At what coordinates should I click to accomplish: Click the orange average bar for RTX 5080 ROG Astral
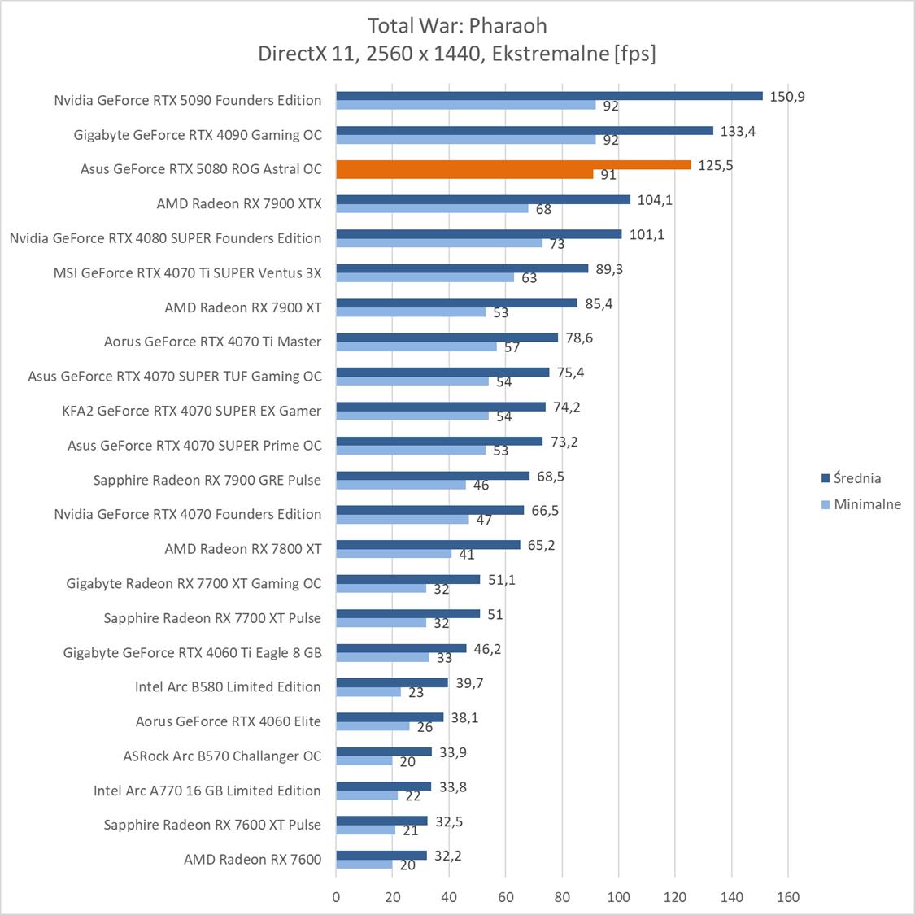512,165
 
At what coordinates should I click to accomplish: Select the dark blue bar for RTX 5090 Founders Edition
549,96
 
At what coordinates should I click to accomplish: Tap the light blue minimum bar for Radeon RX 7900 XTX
432,208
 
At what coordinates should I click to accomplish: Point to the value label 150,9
787,97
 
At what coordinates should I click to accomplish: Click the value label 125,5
716,166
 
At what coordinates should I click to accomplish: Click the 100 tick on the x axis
619,898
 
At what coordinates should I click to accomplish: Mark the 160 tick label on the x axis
788,898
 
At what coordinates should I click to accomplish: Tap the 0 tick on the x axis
337,898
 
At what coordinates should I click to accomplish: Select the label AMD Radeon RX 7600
252,860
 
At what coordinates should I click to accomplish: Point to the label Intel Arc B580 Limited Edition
228,687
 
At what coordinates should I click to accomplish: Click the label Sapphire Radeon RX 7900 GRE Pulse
207,480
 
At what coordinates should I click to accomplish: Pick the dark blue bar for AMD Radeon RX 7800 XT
428,545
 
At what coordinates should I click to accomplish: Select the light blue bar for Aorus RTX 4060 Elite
373,726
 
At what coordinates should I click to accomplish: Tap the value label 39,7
469,683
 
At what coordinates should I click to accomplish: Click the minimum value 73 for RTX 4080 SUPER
557,244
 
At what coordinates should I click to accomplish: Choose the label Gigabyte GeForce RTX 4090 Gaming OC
198,135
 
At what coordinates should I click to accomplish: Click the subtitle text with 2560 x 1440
456,54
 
